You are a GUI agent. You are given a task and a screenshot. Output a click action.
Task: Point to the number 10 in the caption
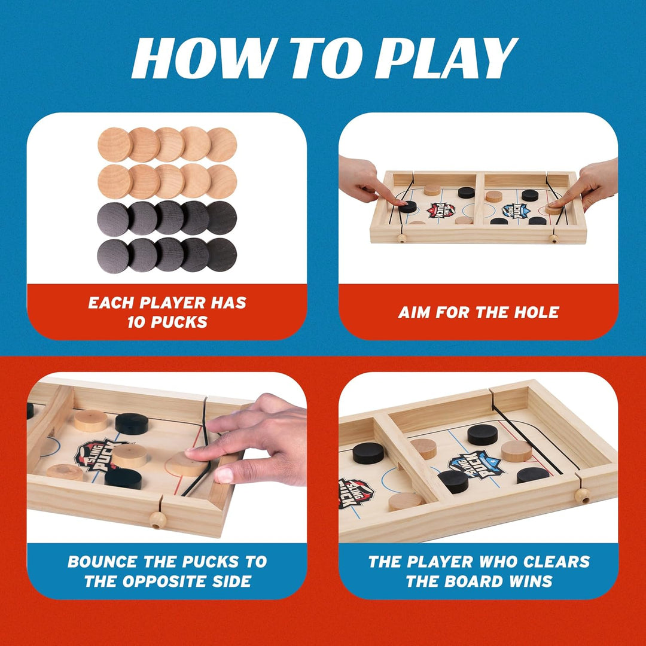[138, 322]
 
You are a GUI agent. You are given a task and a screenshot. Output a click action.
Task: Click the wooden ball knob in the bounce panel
[157, 520]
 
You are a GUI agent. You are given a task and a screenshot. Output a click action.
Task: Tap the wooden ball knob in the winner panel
[581, 495]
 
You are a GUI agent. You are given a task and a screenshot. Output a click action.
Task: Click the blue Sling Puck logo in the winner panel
[476, 464]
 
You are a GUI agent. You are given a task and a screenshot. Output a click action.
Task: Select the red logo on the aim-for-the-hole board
[441, 210]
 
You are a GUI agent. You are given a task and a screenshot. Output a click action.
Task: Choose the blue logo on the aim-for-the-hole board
[514, 210]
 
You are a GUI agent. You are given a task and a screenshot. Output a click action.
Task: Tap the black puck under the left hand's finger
[408, 207]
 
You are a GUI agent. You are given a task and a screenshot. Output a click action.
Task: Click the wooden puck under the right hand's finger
[553, 209]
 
